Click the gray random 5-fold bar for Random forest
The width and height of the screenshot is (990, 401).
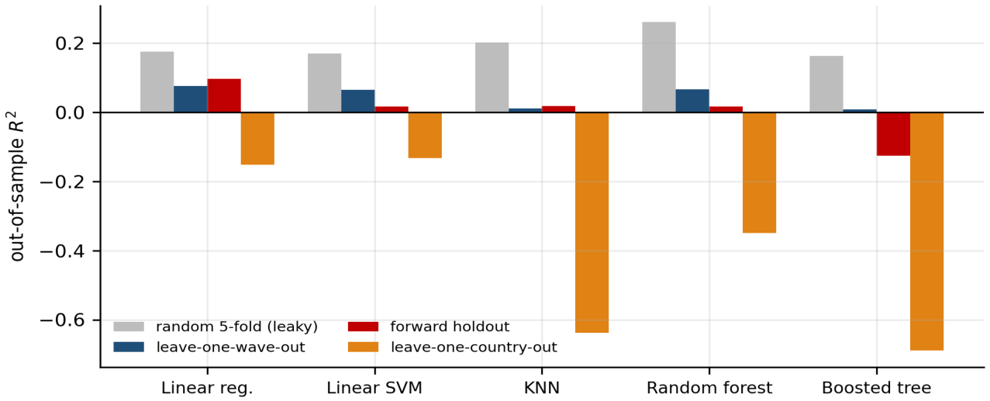pos(658,67)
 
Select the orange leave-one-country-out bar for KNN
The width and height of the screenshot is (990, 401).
pos(592,223)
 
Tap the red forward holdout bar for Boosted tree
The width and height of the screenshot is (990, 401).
pos(893,134)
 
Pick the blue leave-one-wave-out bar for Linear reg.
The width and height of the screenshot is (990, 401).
pos(191,99)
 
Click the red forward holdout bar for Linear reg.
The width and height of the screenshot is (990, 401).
pos(224,96)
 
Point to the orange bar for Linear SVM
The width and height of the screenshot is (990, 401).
pos(425,135)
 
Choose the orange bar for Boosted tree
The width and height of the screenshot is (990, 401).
pos(926,232)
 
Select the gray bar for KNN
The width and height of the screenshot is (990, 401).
pos(492,78)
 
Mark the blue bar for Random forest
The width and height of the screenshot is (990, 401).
pos(692,102)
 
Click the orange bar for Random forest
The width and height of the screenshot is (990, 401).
pos(759,173)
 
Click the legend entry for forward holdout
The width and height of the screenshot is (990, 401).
pos(429,327)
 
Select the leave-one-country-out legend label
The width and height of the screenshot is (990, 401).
pos(474,347)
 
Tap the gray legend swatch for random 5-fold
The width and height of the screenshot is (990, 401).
pos(129,327)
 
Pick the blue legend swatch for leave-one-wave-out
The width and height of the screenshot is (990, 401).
pos(129,347)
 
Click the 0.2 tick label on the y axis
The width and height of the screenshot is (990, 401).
pos(71,43)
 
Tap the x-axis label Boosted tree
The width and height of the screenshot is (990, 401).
pos(876,388)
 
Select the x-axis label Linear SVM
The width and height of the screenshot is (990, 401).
pos(374,388)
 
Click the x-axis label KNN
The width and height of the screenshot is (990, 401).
pos(542,388)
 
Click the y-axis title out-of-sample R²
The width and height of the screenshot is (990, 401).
pos(17,186)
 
